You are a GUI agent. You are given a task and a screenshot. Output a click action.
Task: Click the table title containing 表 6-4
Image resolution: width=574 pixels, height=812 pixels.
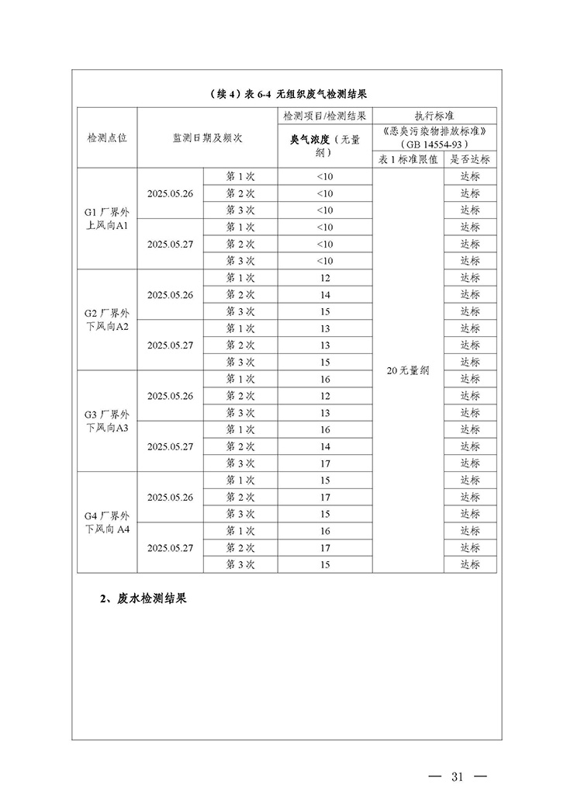(x=288, y=94)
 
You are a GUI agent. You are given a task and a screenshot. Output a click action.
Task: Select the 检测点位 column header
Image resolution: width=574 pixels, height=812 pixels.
(x=107, y=137)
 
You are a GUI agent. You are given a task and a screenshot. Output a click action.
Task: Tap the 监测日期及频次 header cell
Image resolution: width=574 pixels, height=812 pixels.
(x=207, y=137)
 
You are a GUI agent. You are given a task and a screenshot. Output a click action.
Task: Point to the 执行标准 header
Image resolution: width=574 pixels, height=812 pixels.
(x=434, y=115)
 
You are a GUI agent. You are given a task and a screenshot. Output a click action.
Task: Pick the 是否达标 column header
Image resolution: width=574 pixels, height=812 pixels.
(x=470, y=159)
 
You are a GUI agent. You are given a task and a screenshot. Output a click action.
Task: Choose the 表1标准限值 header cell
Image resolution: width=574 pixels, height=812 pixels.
(x=408, y=159)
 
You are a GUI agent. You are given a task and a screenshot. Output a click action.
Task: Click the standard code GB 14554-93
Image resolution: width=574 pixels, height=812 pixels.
(x=434, y=144)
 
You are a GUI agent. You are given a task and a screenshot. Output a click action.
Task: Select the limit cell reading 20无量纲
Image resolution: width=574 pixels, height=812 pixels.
(x=408, y=371)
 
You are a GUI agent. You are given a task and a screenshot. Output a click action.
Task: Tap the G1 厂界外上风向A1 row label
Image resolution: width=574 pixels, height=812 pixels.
(x=107, y=218)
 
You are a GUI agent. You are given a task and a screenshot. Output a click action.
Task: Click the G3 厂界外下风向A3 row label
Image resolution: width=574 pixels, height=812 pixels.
(x=107, y=421)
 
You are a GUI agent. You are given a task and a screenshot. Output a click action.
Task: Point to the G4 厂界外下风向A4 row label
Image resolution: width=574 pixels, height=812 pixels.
(x=107, y=522)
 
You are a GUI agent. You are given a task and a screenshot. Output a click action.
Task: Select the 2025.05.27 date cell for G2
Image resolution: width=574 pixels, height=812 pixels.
(x=170, y=345)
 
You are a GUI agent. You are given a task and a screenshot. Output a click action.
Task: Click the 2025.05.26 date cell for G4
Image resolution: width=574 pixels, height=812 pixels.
(x=170, y=497)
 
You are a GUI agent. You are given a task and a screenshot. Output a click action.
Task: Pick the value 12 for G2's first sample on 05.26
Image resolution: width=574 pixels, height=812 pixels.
(x=324, y=278)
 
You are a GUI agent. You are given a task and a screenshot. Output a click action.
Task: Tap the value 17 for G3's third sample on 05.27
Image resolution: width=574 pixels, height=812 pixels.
(x=324, y=463)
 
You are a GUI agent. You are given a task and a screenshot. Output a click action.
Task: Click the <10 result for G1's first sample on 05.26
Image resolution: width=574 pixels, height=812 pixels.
(x=324, y=176)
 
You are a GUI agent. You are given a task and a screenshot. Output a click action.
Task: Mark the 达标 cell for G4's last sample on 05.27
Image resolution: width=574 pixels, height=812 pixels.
(x=470, y=564)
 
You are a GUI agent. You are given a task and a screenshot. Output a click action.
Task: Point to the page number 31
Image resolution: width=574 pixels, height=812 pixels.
(x=456, y=777)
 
